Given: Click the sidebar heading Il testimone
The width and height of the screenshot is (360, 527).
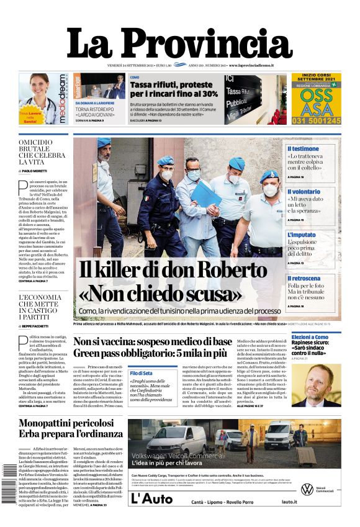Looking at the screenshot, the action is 303,149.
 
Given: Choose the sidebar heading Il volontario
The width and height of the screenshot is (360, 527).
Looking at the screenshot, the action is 304,192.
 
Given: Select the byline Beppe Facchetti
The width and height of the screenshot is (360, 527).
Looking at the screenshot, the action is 40,325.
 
